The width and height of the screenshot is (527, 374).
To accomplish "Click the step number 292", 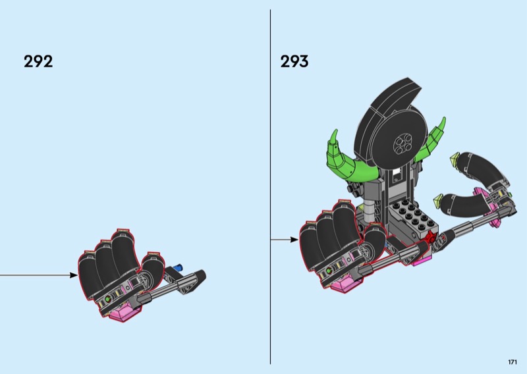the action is [38, 61].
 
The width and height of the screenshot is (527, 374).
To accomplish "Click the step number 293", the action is [294, 61].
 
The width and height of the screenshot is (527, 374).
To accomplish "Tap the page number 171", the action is [513, 362].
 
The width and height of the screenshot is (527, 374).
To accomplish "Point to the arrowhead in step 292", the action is [74, 275].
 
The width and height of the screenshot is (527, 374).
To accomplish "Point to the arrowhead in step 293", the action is [294, 240].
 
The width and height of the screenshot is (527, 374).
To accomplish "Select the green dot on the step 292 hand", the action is [108, 298].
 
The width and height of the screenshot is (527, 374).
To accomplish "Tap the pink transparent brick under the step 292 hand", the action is [122, 312].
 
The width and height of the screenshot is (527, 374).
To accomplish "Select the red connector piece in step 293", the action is [430, 238].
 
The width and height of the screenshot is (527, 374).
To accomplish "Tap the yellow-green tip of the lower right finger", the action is [439, 200].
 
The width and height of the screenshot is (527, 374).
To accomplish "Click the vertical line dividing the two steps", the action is [270, 187].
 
